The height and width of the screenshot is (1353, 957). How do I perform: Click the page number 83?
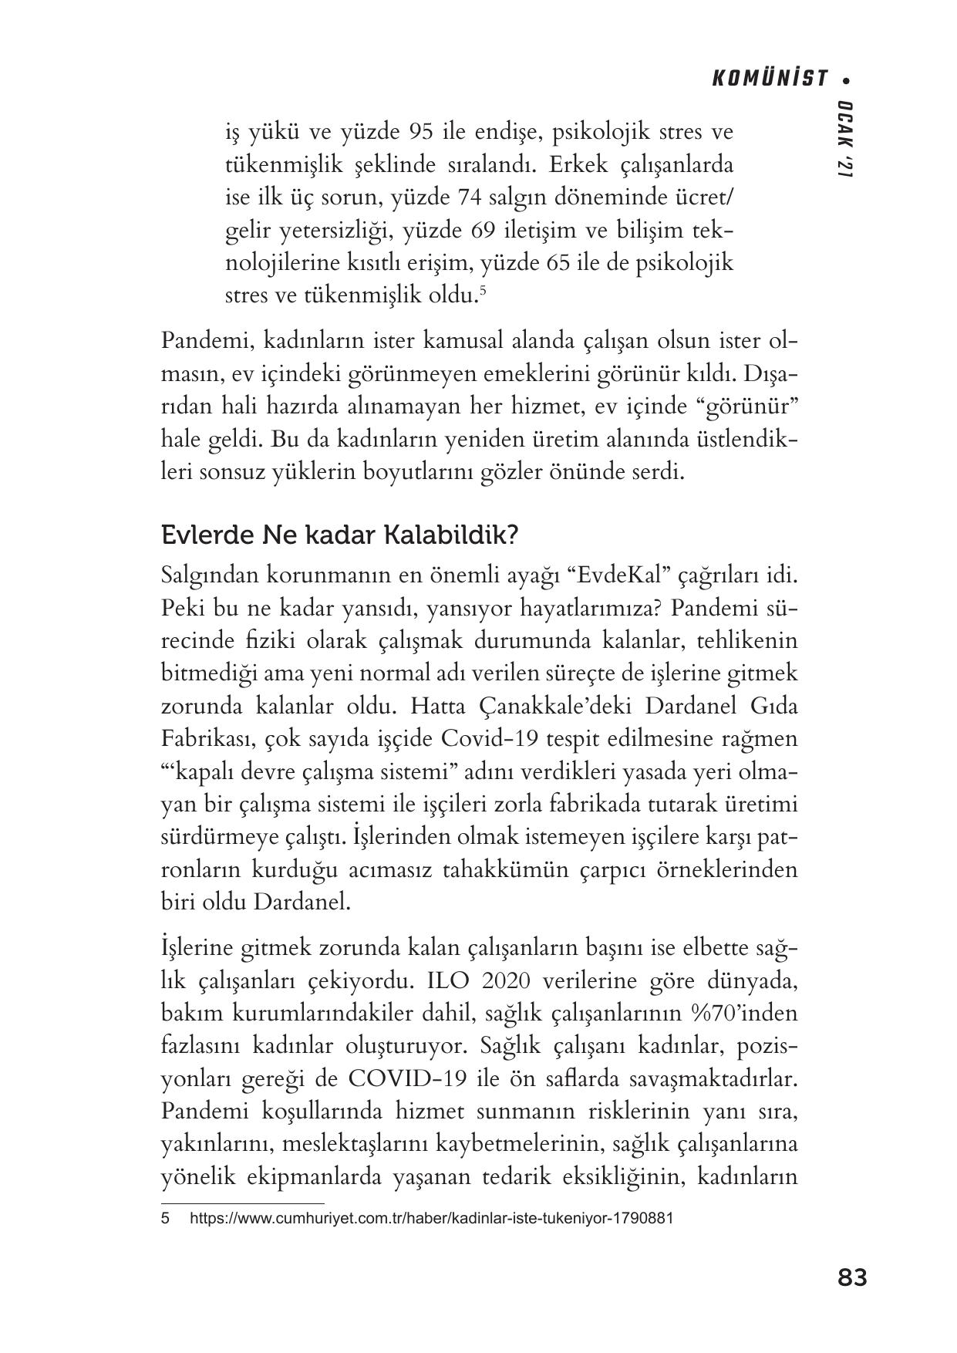(852, 1277)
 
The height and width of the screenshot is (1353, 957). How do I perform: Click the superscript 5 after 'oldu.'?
(482, 290)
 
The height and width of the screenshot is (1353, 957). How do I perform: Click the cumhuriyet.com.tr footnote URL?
(431, 1219)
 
